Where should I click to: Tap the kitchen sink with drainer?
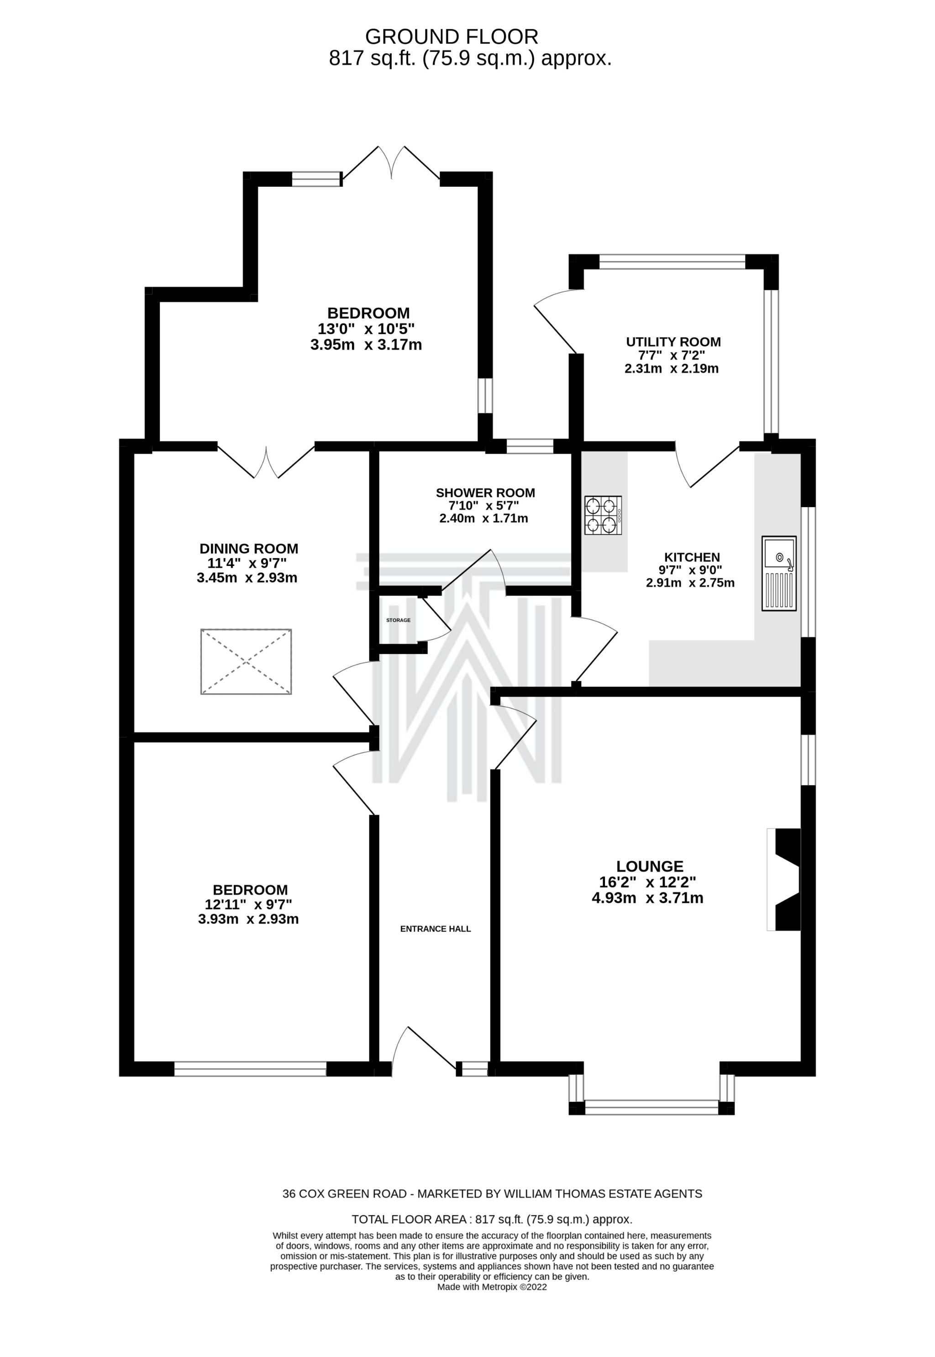pyautogui.click(x=778, y=573)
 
